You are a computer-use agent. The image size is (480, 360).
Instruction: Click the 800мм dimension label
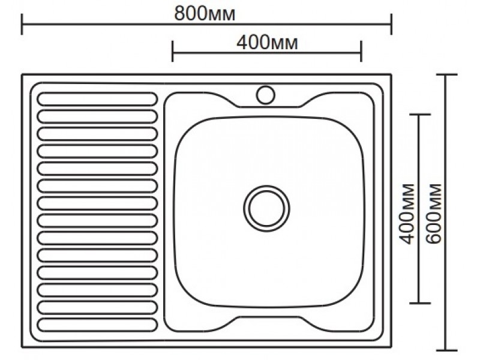pyautogui.click(x=205, y=14)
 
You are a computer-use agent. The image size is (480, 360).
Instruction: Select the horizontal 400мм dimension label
pyautogui.click(x=267, y=43)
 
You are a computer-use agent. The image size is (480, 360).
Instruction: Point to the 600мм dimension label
pyautogui.click(x=434, y=214)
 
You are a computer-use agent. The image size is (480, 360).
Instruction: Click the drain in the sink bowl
pyautogui.click(x=266, y=208)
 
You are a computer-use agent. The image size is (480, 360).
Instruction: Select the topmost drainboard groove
pyautogui.click(x=97, y=99)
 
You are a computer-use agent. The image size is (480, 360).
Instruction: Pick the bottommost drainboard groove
pyautogui.click(x=97, y=325)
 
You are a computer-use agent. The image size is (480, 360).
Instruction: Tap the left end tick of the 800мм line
pyautogui.click(x=22, y=24)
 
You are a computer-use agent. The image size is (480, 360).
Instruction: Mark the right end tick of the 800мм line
pyautogui.click(x=391, y=24)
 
